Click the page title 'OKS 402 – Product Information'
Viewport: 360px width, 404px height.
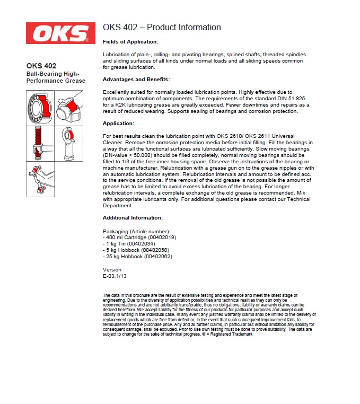[x=162, y=28]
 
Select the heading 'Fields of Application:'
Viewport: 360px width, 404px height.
[x=130, y=41]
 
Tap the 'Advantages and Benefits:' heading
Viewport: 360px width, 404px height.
[x=136, y=80]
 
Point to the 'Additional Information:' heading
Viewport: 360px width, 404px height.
[x=132, y=218]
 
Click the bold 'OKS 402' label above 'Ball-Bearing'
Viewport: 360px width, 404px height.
[x=41, y=66]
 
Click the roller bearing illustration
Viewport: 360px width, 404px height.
[x=40, y=108]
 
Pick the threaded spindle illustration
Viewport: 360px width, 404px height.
[x=40, y=143]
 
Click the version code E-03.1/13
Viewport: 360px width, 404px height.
[x=115, y=276]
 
